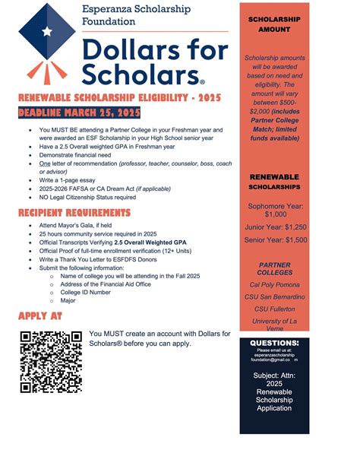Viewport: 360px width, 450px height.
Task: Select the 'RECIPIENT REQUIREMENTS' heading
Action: tap(74, 212)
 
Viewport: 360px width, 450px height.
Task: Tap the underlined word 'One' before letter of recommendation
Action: tap(56, 163)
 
